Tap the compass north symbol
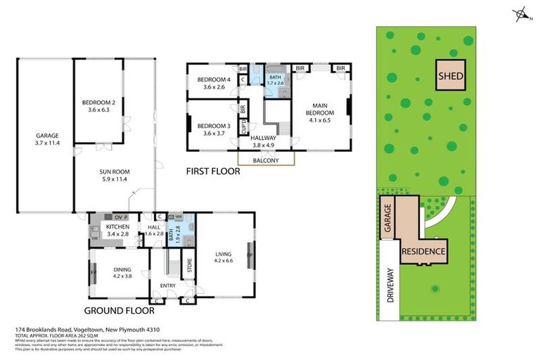(520, 13)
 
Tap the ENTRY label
(168, 285)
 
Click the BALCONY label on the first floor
(266, 160)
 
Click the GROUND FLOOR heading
(115, 310)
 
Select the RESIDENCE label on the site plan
(424, 251)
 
